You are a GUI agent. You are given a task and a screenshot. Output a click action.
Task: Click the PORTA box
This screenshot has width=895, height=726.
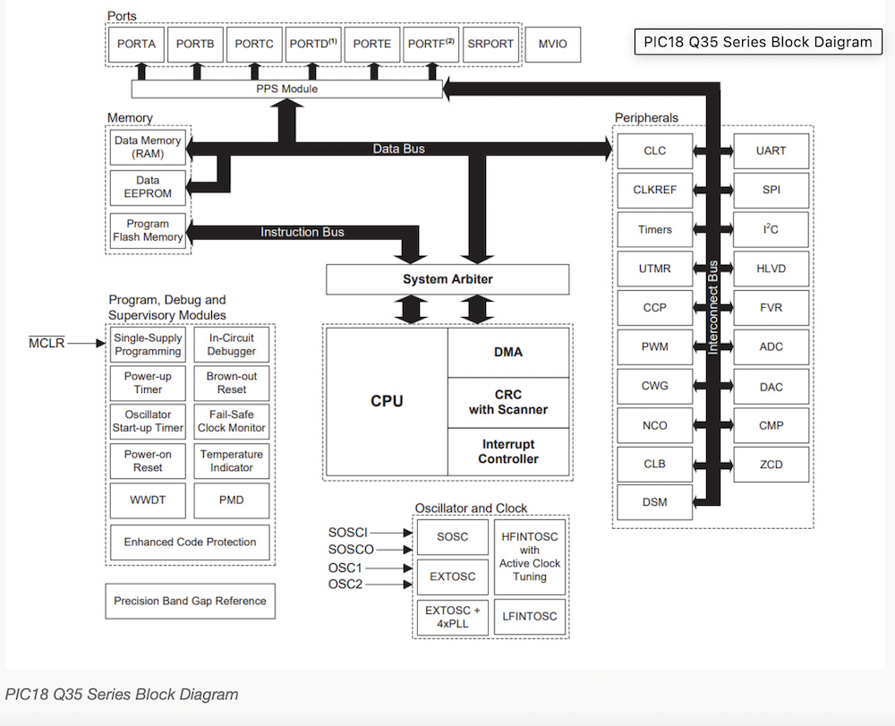137,44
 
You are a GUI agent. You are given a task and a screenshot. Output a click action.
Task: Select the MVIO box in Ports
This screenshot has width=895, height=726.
553,44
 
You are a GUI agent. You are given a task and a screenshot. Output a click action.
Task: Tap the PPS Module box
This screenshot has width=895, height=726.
287,89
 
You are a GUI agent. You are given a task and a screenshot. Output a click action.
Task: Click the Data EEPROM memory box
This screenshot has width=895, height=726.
148,187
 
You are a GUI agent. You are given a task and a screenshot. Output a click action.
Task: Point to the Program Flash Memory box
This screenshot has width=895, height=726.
148,231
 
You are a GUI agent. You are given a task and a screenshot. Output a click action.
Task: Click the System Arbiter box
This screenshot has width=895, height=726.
447,279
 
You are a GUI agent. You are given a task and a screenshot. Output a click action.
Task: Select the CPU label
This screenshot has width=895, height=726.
387,401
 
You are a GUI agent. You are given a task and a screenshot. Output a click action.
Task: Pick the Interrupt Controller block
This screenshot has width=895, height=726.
508,452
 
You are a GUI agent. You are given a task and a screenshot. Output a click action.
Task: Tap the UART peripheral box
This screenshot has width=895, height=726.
771,151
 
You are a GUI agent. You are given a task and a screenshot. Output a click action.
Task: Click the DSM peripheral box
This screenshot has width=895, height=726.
654,503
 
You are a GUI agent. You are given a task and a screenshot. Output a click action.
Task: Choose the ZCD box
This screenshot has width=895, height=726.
771,464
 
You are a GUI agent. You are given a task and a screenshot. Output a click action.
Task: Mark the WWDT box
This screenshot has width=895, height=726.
148,500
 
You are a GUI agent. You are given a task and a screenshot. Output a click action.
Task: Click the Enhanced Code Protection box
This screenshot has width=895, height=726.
190,542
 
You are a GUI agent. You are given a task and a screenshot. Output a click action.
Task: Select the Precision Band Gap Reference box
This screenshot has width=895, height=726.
190,601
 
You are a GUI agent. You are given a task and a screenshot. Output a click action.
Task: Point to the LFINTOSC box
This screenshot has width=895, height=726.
530,616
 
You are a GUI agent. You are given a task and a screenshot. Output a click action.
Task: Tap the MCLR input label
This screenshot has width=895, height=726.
47,343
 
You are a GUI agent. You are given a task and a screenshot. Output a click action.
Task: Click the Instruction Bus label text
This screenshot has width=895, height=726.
302,232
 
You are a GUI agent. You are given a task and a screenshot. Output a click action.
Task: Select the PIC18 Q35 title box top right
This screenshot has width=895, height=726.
757,42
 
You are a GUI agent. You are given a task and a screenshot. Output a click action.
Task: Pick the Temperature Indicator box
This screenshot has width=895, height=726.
232,461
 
